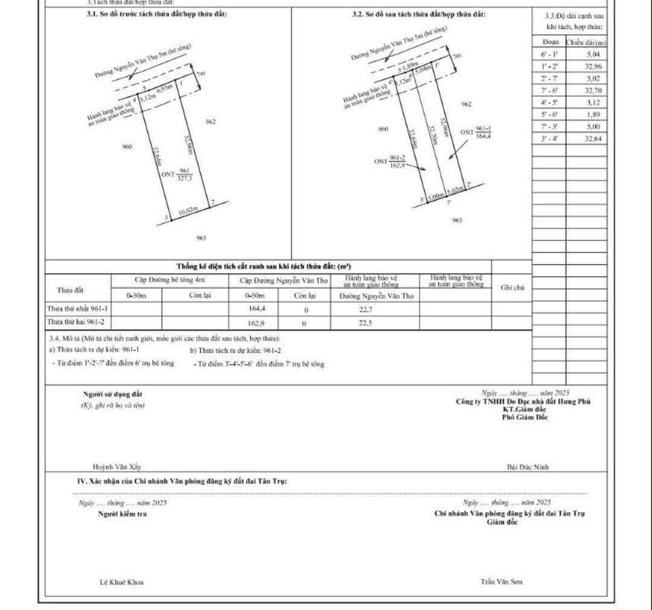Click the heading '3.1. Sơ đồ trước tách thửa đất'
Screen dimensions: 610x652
tap(152, 14)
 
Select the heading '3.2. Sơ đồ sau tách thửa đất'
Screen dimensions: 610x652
tap(419, 14)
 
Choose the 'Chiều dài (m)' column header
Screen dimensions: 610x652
tap(587, 42)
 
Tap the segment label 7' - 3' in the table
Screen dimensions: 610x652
tap(549, 127)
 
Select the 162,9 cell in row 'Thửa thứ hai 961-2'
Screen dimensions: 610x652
tap(256, 323)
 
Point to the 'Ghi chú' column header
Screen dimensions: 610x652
tap(513, 288)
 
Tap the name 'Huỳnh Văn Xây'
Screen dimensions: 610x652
tap(113, 467)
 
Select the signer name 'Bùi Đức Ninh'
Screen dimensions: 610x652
tap(528, 467)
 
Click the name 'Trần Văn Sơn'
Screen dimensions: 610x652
tap(501, 582)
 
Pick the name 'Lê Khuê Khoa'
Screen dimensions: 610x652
tap(122, 582)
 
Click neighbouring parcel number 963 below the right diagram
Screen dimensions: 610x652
tap(456, 220)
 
